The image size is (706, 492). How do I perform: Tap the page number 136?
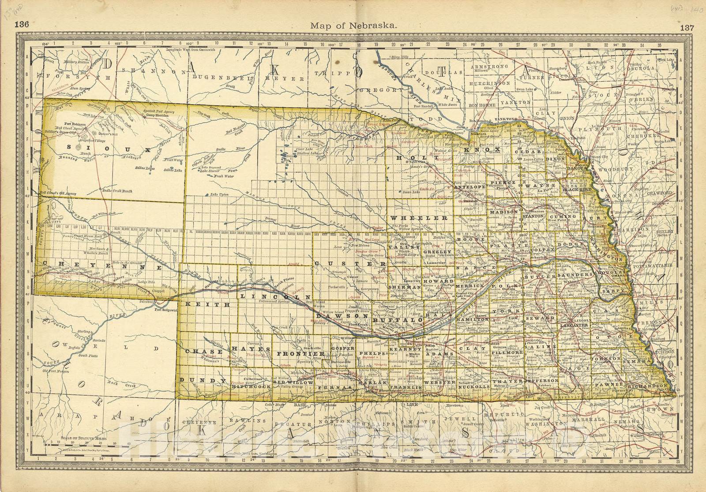22,24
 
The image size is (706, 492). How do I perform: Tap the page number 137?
687,26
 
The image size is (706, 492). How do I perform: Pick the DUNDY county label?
203,380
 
